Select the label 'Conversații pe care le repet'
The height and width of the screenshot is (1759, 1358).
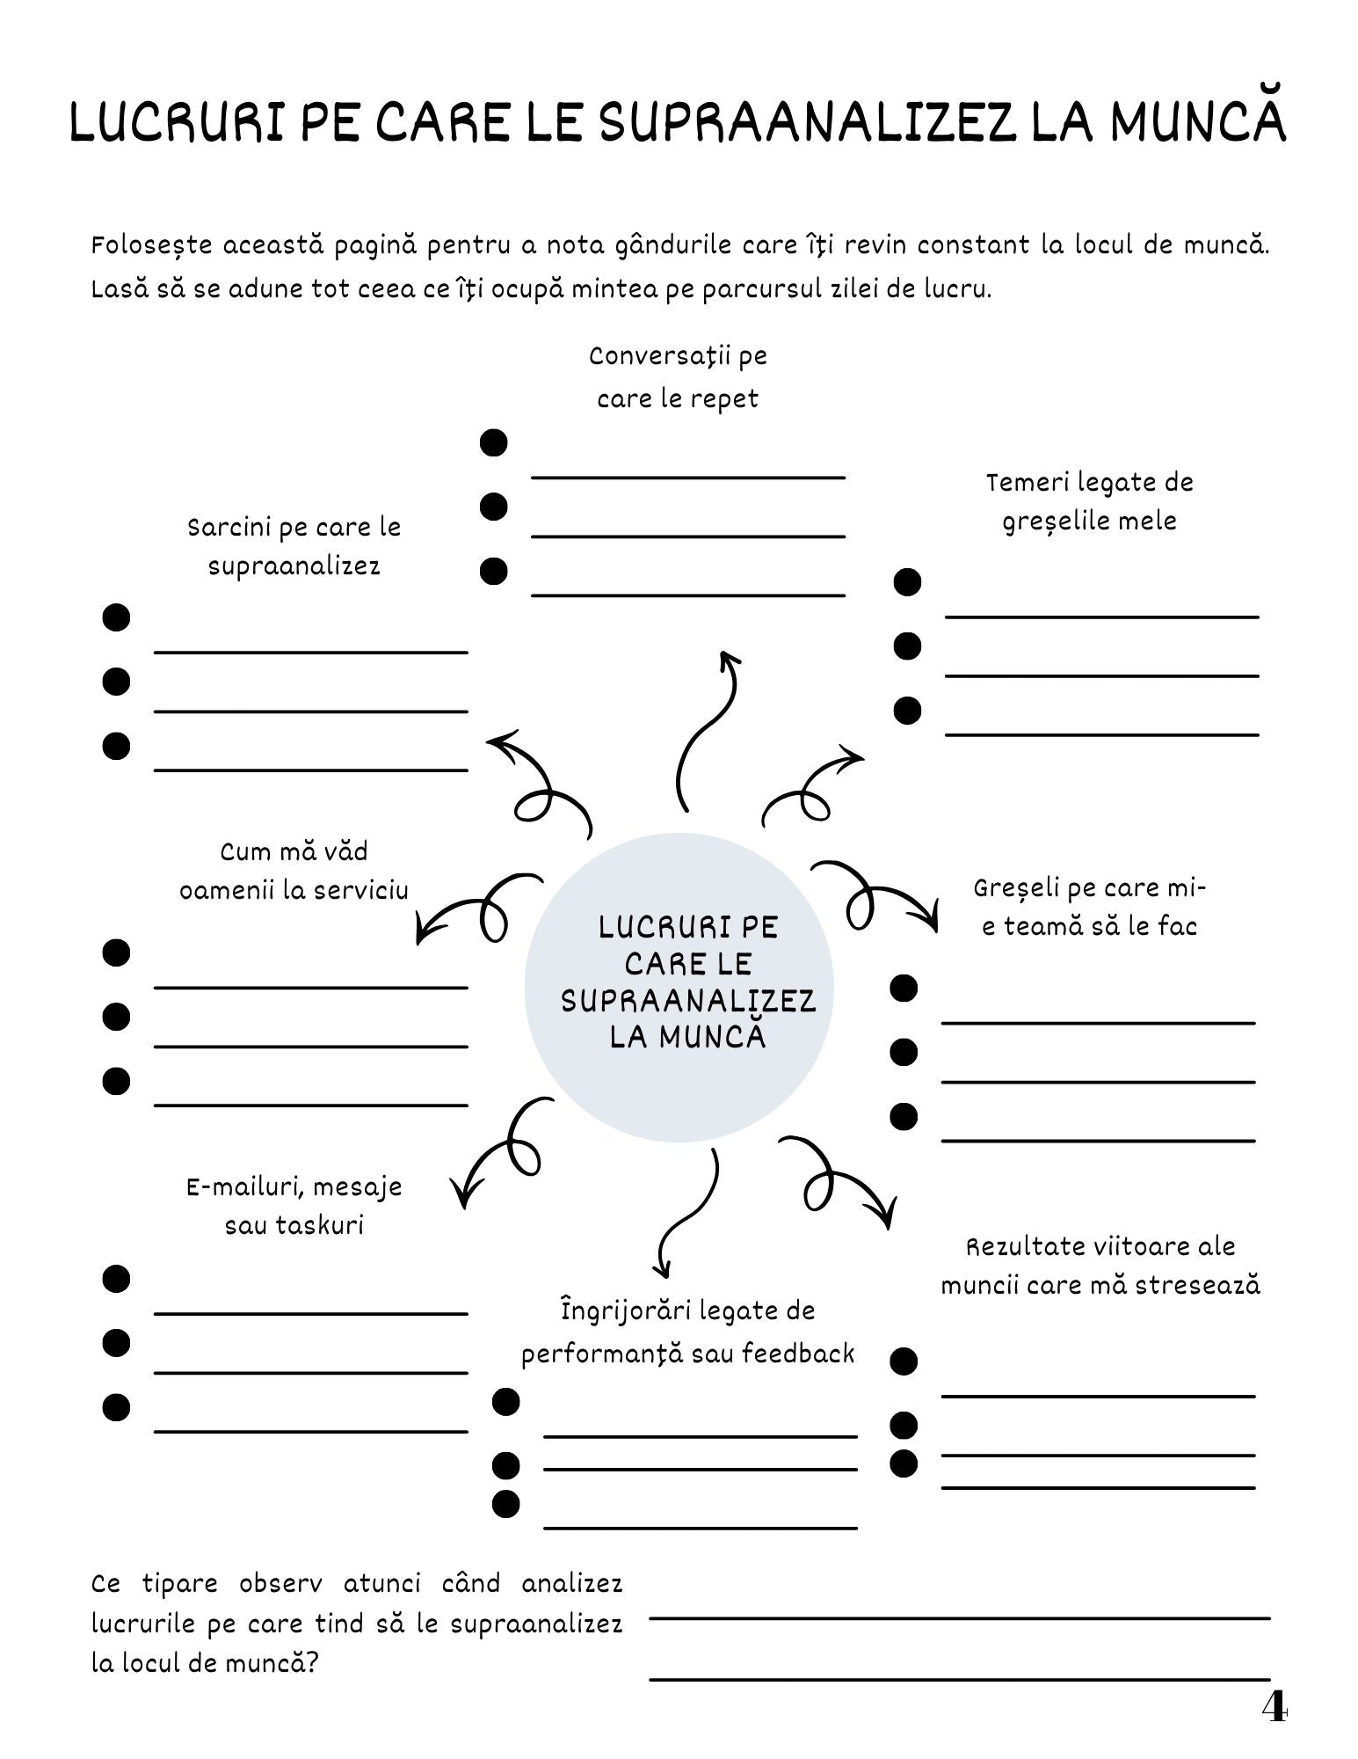678,377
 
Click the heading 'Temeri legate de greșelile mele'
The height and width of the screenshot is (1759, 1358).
1090,501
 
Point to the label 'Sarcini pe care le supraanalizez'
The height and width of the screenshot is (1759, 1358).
294,546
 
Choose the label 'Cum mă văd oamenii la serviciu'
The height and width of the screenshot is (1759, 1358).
294,871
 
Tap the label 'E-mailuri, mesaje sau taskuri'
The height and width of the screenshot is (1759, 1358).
294,1206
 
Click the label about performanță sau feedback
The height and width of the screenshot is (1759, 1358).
687,1332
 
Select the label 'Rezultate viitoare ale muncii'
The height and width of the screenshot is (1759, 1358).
1100,1266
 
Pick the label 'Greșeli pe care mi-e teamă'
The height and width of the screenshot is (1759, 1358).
1090,907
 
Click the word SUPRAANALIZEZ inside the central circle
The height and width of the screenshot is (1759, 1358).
688,1001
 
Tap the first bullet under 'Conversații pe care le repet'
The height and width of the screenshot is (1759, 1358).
494,442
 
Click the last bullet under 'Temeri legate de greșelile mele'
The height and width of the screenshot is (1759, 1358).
907,710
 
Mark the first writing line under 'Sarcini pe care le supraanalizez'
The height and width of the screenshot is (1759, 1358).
311,652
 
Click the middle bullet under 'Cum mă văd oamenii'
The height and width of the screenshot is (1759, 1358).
116,1017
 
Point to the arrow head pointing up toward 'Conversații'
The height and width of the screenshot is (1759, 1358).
729,659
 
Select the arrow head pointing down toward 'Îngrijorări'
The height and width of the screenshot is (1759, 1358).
661,1267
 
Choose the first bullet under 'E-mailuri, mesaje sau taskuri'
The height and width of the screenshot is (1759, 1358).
116,1278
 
